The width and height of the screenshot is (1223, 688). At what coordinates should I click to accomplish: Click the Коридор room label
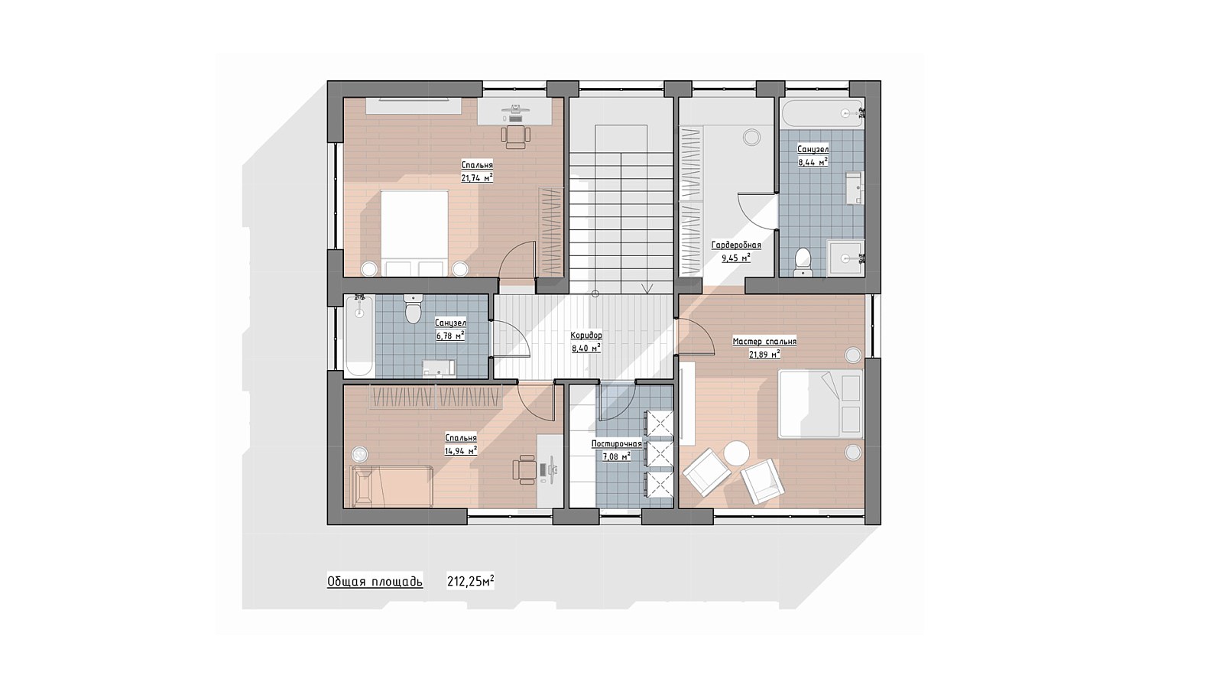pyautogui.click(x=586, y=335)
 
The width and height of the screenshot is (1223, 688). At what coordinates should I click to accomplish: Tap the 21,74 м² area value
pyautogui.click(x=477, y=177)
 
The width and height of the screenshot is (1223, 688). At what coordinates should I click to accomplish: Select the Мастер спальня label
pyautogui.click(x=764, y=341)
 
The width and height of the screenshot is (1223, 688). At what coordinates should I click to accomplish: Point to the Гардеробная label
pyautogui.click(x=736, y=245)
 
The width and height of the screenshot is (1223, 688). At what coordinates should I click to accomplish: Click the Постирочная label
pyautogui.click(x=616, y=444)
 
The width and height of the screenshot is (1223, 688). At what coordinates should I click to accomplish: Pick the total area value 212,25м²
pyautogui.click(x=471, y=581)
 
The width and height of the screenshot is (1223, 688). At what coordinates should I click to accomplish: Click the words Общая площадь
pyautogui.click(x=375, y=582)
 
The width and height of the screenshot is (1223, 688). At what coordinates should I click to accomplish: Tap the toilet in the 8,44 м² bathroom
pyautogui.click(x=803, y=262)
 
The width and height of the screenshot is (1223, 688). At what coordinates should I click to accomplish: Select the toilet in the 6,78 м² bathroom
pyautogui.click(x=413, y=309)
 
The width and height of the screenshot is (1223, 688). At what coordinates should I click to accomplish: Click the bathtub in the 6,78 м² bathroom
pyautogui.click(x=359, y=336)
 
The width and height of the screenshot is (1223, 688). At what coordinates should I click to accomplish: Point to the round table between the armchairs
pyautogui.click(x=737, y=453)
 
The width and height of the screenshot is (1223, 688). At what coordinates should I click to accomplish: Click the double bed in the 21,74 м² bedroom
pyautogui.click(x=414, y=233)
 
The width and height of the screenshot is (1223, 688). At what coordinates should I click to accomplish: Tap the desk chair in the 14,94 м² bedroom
pyautogui.click(x=524, y=469)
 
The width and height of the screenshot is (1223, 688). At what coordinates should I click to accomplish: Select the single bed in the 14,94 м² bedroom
pyautogui.click(x=392, y=486)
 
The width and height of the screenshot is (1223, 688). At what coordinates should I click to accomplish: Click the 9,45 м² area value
pyautogui.click(x=736, y=258)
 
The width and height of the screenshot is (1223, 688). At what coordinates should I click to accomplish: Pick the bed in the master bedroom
pyautogui.click(x=821, y=404)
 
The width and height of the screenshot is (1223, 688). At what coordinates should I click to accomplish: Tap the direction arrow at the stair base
pyautogui.click(x=648, y=287)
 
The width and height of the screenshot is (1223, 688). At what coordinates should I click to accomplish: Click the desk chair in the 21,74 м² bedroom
pyautogui.click(x=515, y=137)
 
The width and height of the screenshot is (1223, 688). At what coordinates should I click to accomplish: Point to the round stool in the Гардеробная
pyautogui.click(x=752, y=137)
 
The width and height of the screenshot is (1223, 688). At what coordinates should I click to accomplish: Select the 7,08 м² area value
pyautogui.click(x=616, y=456)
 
